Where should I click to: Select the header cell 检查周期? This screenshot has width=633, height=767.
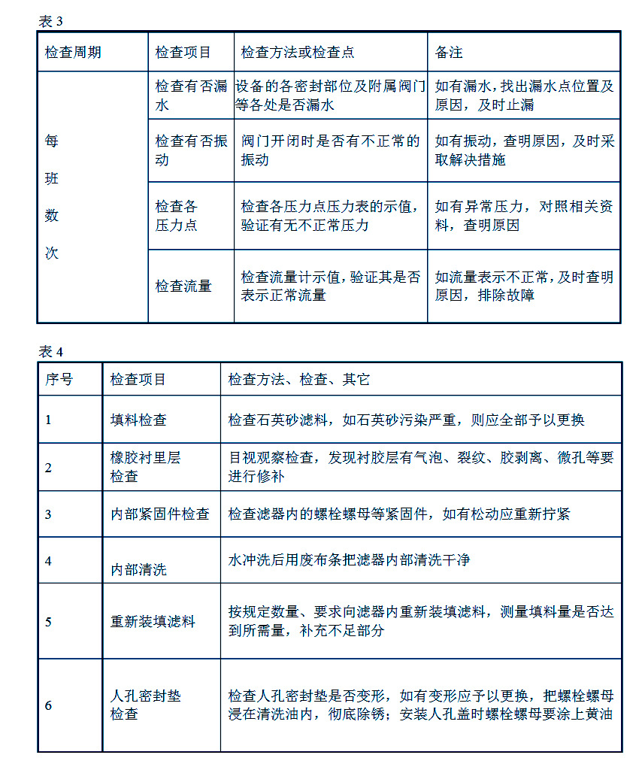pyautogui.click(x=73, y=53)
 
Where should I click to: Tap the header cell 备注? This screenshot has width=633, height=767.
pyautogui.click(x=449, y=53)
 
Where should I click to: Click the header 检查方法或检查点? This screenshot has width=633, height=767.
pyautogui.click(x=298, y=53)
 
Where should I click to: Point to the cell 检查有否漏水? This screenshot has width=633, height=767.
pyautogui.click(x=191, y=95)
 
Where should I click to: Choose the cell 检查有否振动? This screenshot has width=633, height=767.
pyautogui.click(x=191, y=150)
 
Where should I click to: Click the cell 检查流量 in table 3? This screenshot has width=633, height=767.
pyautogui.click(x=183, y=286)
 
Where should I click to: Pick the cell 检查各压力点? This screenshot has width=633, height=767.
pyautogui.click(x=177, y=215)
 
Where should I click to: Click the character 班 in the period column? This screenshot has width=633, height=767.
pyautogui.click(x=52, y=178)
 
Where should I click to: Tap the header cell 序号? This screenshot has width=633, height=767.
pyautogui.click(x=59, y=380)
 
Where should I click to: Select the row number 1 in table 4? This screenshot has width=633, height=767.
pyautogui.click(x=49, y=420)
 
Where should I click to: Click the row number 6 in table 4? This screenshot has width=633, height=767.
pyautogui.click(x=49, y=705)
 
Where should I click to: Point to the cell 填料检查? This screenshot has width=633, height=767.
pyautogui.click(x=138, y=420)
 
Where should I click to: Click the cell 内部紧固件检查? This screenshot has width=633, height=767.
pyautogui.click(x=159, y=514)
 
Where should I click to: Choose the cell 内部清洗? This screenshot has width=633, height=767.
pyautogui.click(x=138, y=569)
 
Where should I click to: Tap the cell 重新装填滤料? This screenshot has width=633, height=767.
pyautogui.click(x=153, y=622)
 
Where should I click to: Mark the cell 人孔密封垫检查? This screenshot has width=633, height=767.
pyautogui.click(x=146, y=705)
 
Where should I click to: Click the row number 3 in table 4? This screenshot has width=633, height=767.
pyautogui.click(x=49, y=514)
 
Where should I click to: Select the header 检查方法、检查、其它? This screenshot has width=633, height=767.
pyautogui.click(x=299, y=380)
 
